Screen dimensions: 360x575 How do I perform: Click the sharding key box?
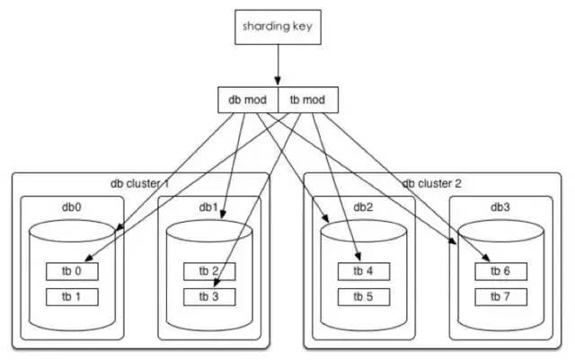pyautogui.click(x=278, y=27)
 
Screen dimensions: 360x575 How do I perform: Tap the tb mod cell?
pyautogui.click(x=308, y=100)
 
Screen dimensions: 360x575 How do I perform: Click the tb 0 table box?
pyautogui.click(x=72, y=271)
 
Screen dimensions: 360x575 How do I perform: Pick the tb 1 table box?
pyautogui.click(x=72, y=294)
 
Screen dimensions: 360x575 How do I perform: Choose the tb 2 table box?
pyautogui.click(x=210, y=271)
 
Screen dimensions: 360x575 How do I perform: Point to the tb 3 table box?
pyautogui.click(x=210, y=294)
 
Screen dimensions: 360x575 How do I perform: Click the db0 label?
pyautogui.click(x=71, y=206)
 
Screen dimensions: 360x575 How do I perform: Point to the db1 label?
pyautogui.click(x=210, y=206)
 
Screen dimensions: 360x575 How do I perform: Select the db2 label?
pyautogui.click(x=364, y=206)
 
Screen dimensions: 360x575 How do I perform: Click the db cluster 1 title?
pyautogui.click(x=141, y=183)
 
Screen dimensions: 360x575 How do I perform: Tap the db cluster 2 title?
pyautogui.click(x=433, y=183)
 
